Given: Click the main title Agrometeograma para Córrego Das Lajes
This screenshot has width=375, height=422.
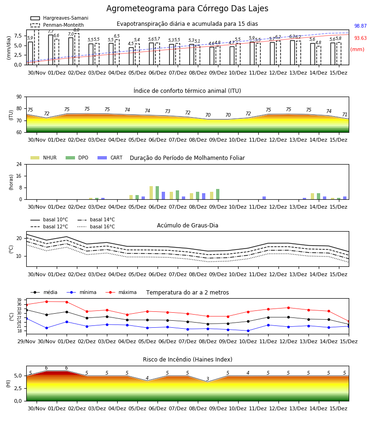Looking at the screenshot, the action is click(187, 8).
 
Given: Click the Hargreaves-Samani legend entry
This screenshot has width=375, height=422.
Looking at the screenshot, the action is click(60, 18).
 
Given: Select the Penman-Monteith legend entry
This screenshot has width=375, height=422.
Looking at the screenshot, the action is click(57, 25).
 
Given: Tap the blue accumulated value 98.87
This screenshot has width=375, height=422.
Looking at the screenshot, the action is click(360, 26).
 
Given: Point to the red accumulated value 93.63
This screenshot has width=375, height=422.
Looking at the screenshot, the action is click(360, 38).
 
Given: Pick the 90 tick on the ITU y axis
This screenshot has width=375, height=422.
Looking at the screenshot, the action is click(19, 97).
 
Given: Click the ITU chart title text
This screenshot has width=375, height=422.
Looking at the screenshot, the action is click(187, 91).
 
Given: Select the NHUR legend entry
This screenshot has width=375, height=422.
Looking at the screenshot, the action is click(44, 158).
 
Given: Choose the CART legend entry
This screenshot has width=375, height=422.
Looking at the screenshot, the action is click(110, 158).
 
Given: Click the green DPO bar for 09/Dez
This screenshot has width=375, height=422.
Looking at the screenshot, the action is click(217, 194).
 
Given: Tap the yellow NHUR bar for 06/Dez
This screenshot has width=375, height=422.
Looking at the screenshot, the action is click(151, 193).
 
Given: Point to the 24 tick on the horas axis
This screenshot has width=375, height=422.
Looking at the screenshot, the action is click(19, 165).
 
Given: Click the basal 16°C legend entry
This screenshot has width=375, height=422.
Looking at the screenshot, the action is click(96, 227).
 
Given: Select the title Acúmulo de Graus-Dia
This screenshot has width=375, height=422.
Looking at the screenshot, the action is click(187, 226).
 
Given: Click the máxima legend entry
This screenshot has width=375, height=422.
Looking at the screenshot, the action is click(121, 292).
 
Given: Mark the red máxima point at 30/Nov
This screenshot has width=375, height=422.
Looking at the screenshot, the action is click(46, 301).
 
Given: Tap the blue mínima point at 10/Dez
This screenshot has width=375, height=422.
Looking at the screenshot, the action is click(248, 331).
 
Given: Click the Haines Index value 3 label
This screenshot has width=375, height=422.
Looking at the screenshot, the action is click(208, 379).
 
